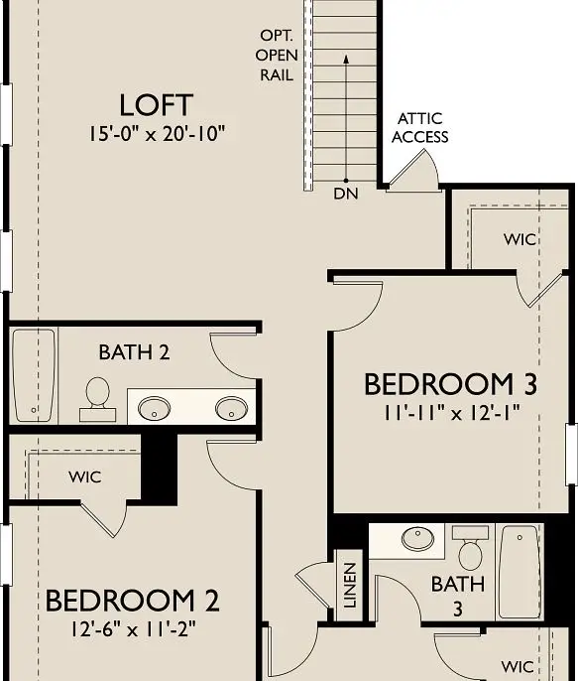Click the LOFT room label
point(156,105)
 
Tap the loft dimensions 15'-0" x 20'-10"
point(156,133)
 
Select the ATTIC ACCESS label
point(419,128)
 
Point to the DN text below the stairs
point(346,194)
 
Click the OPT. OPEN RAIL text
point(276,54)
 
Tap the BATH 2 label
point(133,352)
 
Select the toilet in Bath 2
point(97,392)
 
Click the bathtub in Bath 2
point(34,375)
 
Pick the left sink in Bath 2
point(155,407)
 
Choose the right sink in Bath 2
point(232,407)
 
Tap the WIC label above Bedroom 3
point(520,239)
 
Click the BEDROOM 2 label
point(133,601)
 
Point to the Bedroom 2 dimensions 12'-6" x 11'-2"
point(133,627)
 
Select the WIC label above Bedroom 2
point(85,477)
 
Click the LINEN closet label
point(349,586)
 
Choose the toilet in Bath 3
point(469,547)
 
